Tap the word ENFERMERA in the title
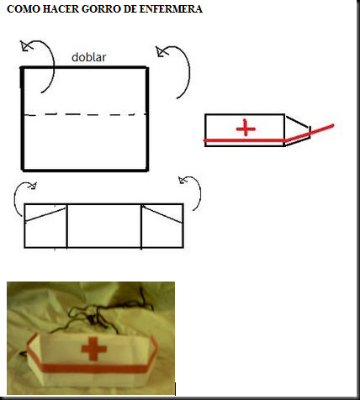tap(171, 9)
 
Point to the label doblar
tap(89, 57)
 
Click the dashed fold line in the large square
tap(86, 114)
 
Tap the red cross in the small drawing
tap(246, 128)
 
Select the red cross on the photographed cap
tap(93, 349)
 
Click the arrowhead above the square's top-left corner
tap(25, 45)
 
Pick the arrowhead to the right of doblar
tap(161, 51)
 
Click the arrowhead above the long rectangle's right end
tap(183, 180)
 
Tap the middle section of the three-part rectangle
tap(104, 226)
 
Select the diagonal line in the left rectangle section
tap(45, 215)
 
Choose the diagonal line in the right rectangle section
tap(162, 214)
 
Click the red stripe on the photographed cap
tap(93, 368)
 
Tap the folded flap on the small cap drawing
tap(297, 131)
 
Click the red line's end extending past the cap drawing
tap(332, 125)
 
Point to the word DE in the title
tap(130, 9)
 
